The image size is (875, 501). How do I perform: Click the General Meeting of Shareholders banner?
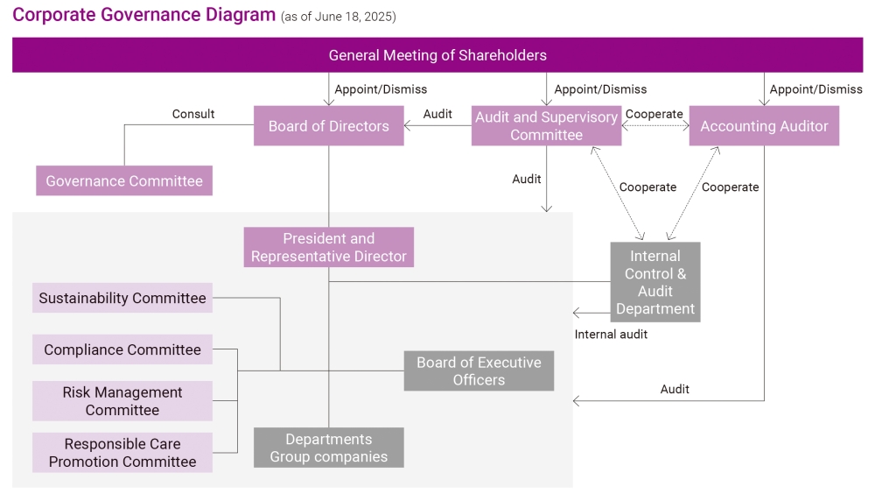coord(437,55)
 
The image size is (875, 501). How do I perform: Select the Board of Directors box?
coord(328,126)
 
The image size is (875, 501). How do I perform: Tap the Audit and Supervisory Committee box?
coord(546,126)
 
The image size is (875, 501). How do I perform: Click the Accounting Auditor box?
coord(764,126)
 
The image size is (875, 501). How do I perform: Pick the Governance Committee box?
coord(124,181)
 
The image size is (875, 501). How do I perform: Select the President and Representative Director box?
coord(328,247)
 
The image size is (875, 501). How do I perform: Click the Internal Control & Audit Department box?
coord(654,282)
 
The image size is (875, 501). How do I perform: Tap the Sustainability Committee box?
coord(122,298)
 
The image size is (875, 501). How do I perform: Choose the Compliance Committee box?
coord(122,349)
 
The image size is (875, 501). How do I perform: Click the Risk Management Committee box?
coord(122,401)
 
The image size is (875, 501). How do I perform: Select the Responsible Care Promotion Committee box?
coord(122,453)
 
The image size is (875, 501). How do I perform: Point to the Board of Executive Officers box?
coord(479,370)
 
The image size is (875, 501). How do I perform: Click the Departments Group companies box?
coord(328,448)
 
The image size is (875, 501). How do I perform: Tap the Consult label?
coord(193,114)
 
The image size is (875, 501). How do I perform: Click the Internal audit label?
coord(611,334)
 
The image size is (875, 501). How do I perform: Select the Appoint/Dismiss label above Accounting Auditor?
coord(815,89)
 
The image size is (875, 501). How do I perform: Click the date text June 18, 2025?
coord(353,18)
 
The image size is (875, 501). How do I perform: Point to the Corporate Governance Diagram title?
coord(144,16)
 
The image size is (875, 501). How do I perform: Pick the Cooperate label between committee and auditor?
coord(654,114)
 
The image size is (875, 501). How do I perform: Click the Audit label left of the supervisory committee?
coord(437,114)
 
